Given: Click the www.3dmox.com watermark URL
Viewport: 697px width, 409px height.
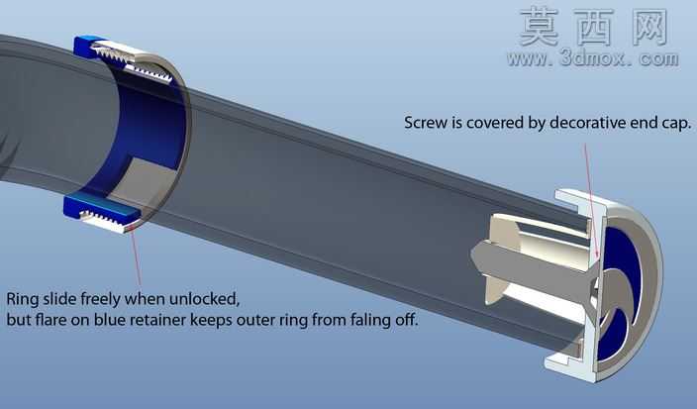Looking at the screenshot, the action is click(x=592, y=58).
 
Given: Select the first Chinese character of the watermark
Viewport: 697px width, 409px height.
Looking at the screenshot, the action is click(x=540, y=27).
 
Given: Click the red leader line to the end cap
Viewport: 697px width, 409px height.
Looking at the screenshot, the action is click(x=591, y=200).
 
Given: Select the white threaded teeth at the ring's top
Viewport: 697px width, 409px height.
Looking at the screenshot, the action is click(x=134, y=62).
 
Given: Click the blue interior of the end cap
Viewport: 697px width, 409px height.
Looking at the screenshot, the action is click(x=620, y=249).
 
